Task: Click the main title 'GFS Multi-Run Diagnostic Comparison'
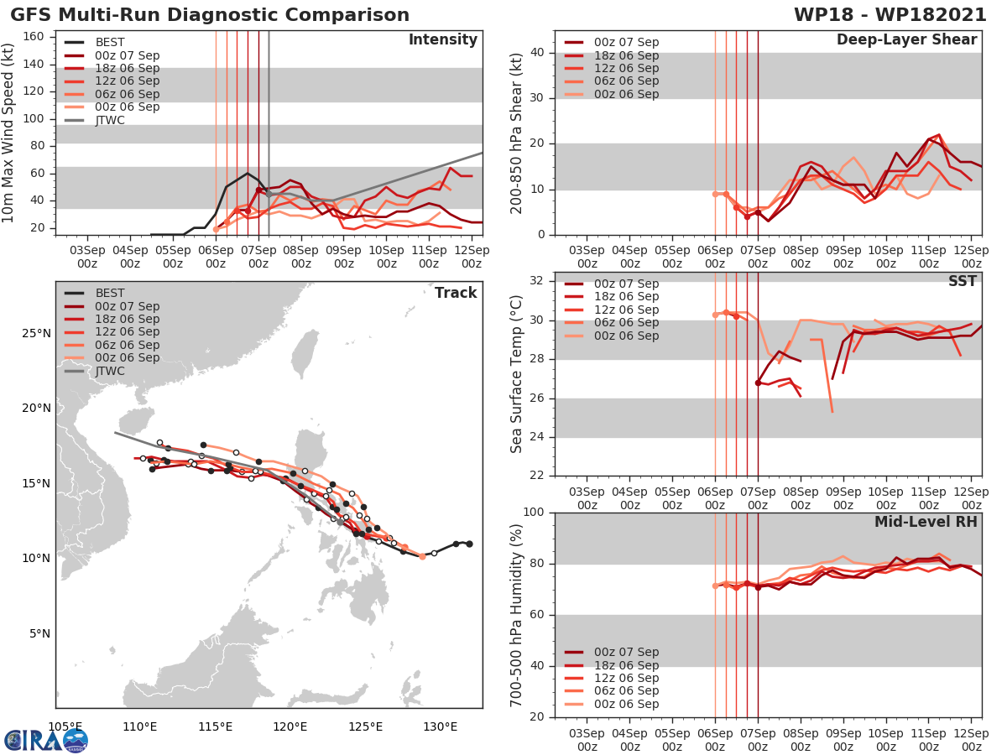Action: [210, 15]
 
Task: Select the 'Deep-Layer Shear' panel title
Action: [906, 40]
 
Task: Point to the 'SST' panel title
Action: [962, 281]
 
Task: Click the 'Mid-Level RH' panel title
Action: [926, 522]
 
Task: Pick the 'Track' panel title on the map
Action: [456, 293]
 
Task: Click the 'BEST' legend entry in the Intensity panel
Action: [110, 42]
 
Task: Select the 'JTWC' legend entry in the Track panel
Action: [110, 371]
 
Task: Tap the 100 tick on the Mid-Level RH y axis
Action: [531, 513]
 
